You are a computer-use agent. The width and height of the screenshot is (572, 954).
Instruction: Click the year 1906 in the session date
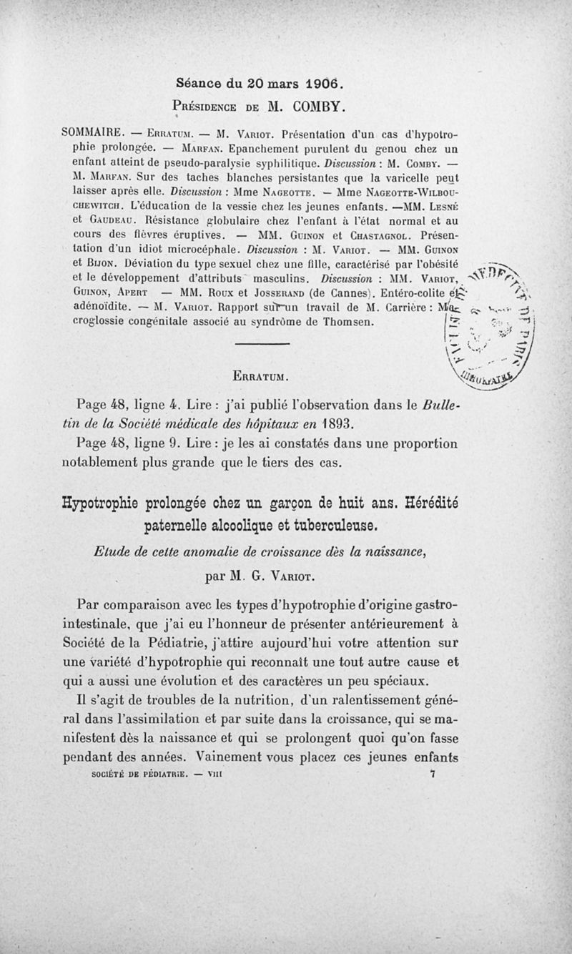pos(308,82)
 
